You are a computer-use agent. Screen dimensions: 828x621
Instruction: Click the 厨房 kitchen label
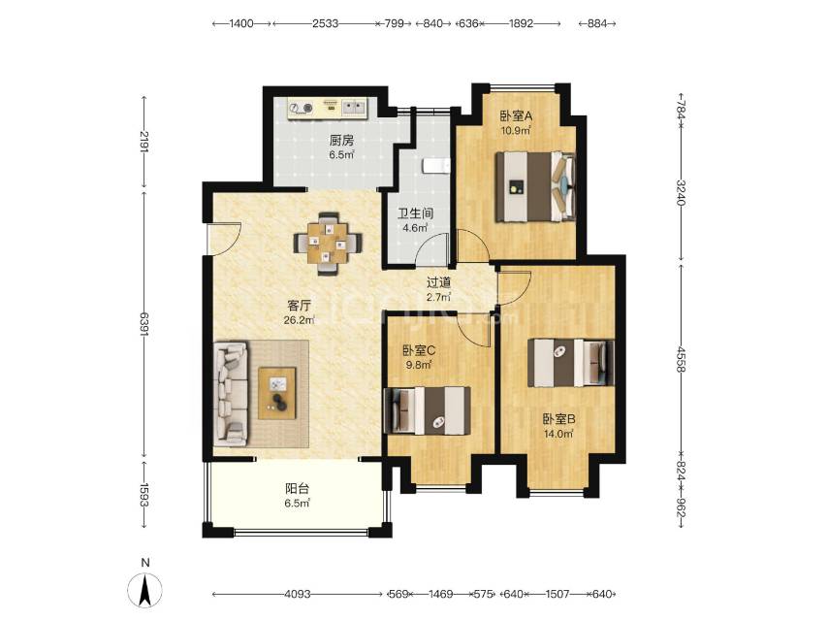point(341,141)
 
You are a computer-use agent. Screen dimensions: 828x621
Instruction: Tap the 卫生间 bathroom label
point(416,213)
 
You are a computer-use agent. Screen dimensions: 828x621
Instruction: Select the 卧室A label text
point(516,115)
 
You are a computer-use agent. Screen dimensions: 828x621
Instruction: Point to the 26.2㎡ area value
point(300,320)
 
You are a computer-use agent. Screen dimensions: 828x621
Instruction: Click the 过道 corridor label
point(439,282)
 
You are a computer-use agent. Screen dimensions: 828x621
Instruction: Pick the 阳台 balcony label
point(298,489)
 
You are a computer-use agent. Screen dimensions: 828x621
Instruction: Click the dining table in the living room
point(329,244)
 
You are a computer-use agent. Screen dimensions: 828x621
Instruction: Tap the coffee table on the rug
point(277,394)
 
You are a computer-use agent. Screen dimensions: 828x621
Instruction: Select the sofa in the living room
point(231,393)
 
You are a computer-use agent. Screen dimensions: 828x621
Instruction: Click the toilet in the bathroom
point(435,166)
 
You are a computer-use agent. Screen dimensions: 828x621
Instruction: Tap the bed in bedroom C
point(428,410)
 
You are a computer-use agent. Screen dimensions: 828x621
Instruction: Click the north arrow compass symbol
point(145,590)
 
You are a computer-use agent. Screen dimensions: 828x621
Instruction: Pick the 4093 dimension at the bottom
point(298,594)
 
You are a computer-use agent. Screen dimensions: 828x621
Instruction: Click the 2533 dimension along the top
point(325,23)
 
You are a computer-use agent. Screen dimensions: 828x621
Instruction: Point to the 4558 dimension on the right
point(682,359)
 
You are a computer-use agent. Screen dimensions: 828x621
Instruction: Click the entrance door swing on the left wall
point(224,239)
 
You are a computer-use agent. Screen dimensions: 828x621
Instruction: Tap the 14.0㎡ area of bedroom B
point(558,434)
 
